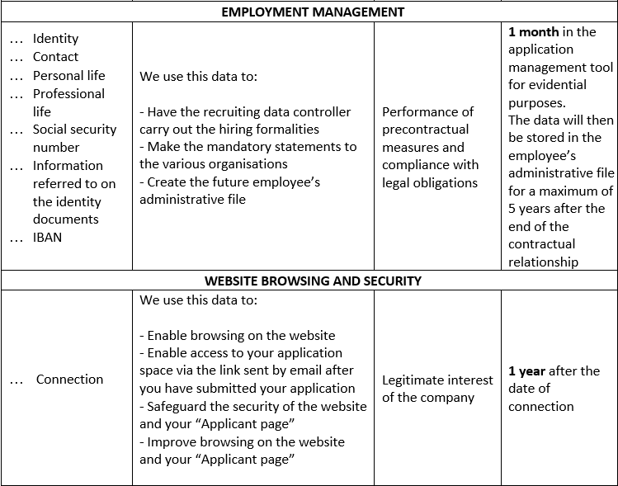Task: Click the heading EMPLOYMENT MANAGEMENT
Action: (313, 12)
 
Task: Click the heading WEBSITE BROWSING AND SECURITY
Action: (313, 281)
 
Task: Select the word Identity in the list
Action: (55, 39)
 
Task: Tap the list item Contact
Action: (55, 57)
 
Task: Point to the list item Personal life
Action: (68, 75)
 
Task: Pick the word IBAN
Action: (47, 238)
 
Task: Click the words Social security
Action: (74, 130)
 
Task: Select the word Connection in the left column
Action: (69, 380)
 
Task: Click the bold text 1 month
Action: (533, 32)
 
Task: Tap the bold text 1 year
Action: (528, 371)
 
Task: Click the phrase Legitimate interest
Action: (437, 380)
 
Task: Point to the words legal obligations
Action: (430, 182)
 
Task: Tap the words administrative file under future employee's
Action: (192, 199)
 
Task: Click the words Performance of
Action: (427, 111)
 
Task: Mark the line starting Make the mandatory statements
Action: (248, 147)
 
